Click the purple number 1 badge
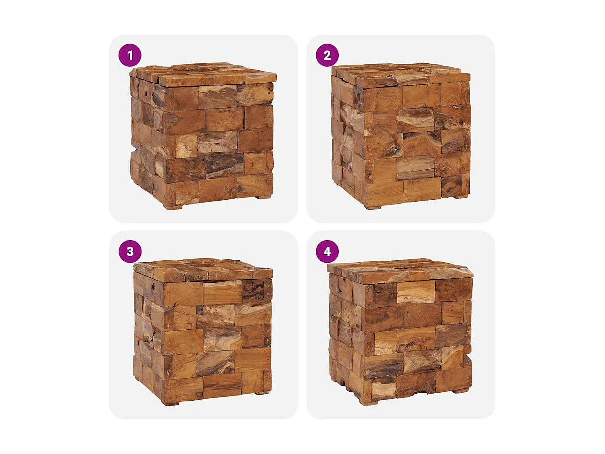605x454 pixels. click(x=130, y=55)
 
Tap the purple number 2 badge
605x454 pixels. click(x=327, y=55)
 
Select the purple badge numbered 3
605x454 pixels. click(x=130, y=251)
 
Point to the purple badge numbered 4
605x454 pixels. click(x=327, y=251)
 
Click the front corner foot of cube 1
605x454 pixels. click(x=173, y=207)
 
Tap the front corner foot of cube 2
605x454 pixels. click(x=373, y=207)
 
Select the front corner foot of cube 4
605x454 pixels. click(x=370, y=403)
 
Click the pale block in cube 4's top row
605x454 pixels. click(x=415, y=292)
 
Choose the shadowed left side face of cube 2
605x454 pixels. click(x=347, y=137)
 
